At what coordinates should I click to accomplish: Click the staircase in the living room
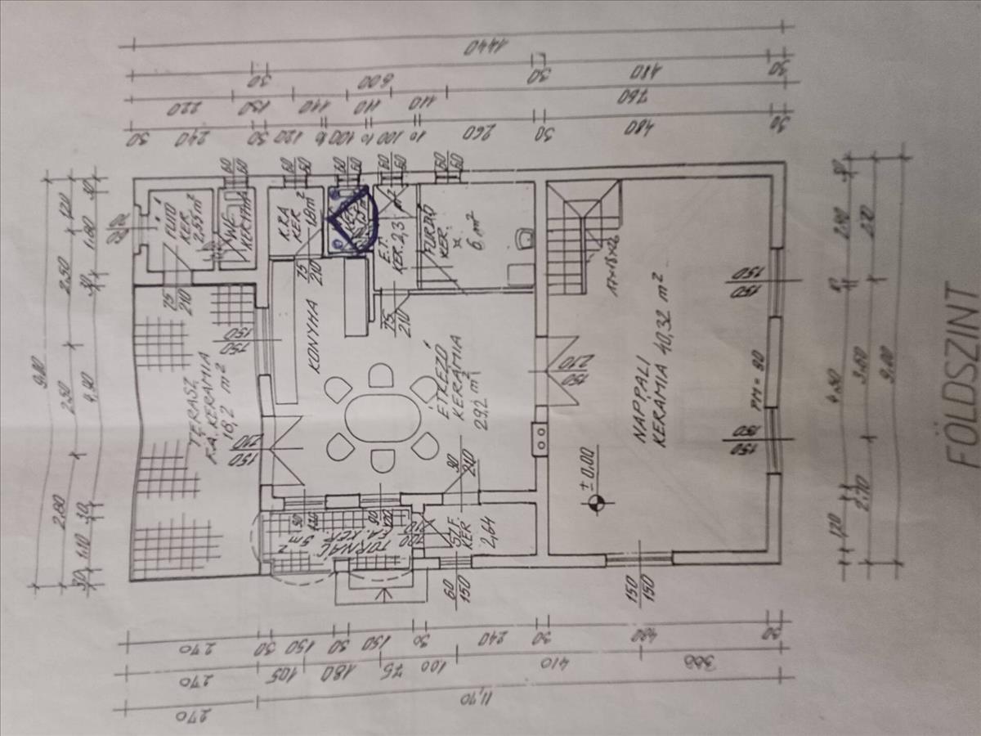(x=580, y=237)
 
